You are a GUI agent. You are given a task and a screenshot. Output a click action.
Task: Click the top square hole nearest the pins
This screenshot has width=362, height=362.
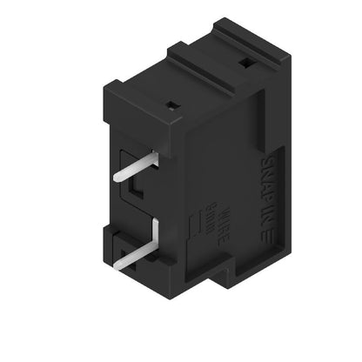pyautogui.click(x=172, y=104)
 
